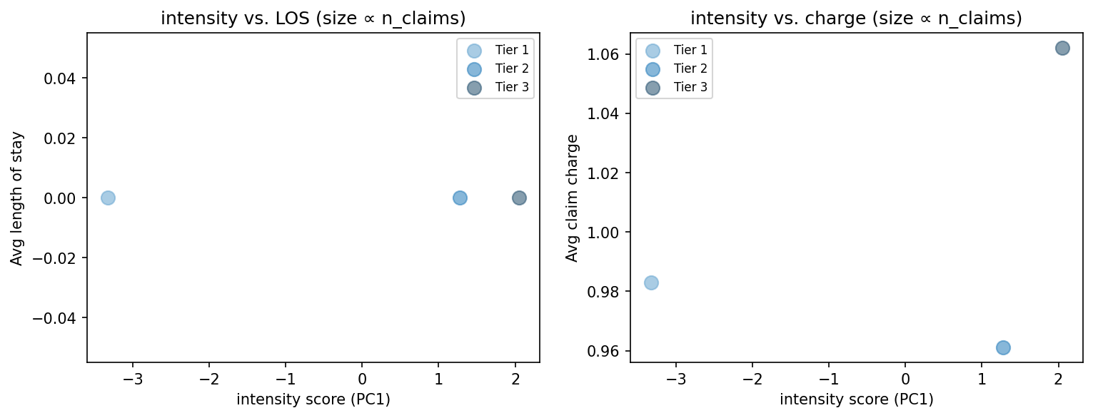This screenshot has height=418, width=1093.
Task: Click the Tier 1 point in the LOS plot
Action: point(108,198)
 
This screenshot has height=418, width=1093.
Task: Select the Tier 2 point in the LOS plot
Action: point(460,198)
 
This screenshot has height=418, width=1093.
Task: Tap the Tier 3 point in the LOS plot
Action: point(519,198)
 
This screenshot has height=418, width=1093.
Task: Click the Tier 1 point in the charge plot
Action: point(651,282)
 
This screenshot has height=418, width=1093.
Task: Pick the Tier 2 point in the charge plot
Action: point(1003,347)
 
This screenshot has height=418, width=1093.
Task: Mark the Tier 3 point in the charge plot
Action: point(1062,48)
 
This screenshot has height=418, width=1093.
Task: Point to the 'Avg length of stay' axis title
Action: point(17,198)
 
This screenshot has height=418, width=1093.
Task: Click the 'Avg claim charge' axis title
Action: point(572,198)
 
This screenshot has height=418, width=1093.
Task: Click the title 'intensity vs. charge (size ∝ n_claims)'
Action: point(856,19)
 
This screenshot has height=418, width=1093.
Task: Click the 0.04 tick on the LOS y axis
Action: point(64,78)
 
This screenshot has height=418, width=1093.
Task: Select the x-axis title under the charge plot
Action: point(856,399)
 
